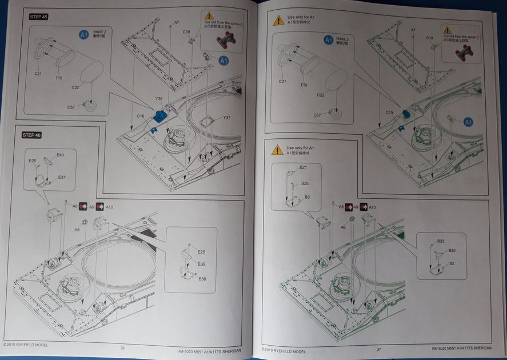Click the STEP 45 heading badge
tap(39, 17)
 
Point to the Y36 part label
tap(159, 99)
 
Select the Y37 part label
tap(227, 118)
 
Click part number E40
tap(60, 155)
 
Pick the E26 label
tap(33, 161)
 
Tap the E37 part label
tap(62, 177)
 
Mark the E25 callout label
tap(201, 252)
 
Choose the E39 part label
tap(201, 265)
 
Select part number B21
tap(303, 167)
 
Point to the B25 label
tap(305, 183)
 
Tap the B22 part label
tap(441, 241)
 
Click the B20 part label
tap(452, 251)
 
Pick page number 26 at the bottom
tap(122, 349)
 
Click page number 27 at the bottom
tap(378, 349)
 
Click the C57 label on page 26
tap(71, 107)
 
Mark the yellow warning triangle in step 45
tap(209, 16)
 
